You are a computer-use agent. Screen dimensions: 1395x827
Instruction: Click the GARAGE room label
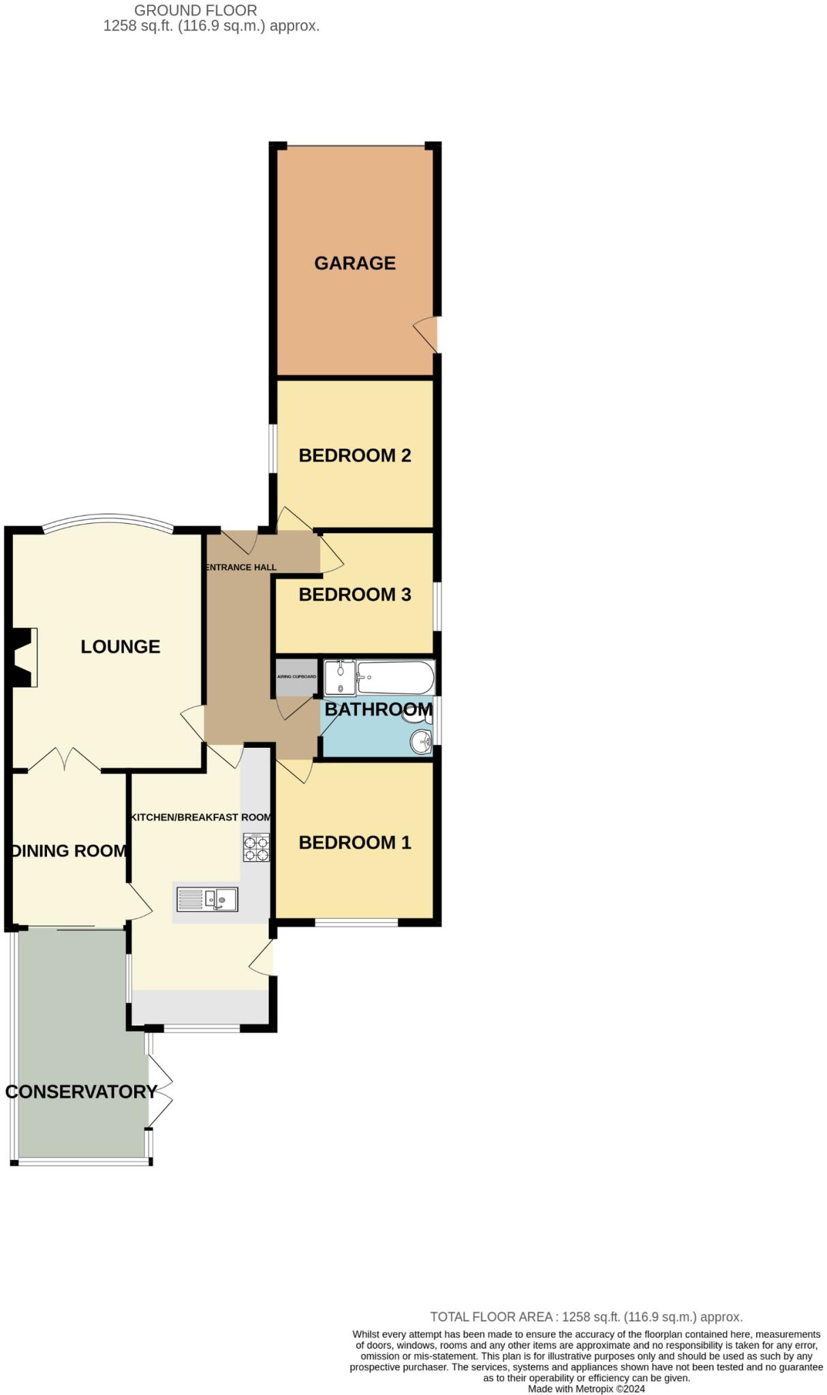[x=354, y=263]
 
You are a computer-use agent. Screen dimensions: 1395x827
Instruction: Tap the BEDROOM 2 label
[x=354, y=455]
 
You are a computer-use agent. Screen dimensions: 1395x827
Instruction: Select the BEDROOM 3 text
[x=354, y=595]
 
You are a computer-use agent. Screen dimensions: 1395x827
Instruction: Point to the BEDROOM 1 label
[x=354, y=843]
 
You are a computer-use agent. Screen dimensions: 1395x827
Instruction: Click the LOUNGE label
[x=121, y=646]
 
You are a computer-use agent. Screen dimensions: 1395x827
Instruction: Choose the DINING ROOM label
[x=69, y=851]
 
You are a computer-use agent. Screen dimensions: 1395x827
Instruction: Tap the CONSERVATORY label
[x=81, y=1092]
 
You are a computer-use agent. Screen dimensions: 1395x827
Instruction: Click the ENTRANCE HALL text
[x=241, y=567]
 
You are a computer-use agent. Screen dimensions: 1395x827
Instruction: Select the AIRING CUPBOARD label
[x=296, y=676]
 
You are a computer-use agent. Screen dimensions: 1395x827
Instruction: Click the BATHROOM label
[x=378, y=709]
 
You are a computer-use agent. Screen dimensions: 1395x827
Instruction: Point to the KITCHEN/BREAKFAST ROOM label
[x=201, y=817]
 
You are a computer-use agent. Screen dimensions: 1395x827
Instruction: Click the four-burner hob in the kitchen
[x=256, y=848]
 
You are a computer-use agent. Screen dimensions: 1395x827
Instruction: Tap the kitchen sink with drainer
[x=207, y=899]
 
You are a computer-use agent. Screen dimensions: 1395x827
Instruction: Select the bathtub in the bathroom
[x=396, y=677]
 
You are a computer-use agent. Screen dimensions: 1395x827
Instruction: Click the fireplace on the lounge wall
[x=24, y=657]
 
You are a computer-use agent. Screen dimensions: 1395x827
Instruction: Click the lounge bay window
[x=107, y=520]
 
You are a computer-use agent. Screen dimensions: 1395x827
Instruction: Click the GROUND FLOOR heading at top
[x=196, y=10]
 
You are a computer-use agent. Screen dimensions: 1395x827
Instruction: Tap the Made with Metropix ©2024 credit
[x=586, y=1389]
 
